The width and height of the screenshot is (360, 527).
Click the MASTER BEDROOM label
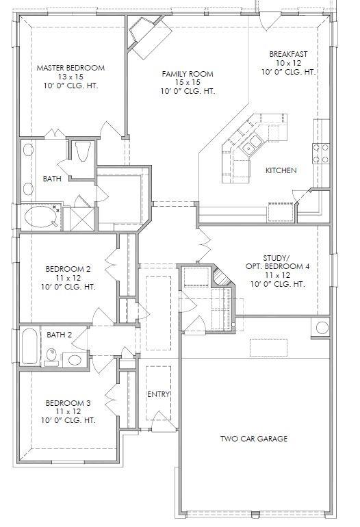(70, 68)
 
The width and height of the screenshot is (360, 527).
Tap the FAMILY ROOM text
(188, 73)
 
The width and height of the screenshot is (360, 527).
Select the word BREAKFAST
(288, 53)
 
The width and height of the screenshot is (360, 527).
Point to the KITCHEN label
(281, 170)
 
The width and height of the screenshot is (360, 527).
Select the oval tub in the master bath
(42, 218)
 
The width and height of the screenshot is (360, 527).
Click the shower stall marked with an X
(83, 218)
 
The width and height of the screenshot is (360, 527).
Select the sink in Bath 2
(73, 359)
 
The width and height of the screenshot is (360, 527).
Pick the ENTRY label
(158, 394)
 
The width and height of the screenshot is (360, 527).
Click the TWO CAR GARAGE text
(253, 439)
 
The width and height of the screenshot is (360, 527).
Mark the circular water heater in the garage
(320, 327)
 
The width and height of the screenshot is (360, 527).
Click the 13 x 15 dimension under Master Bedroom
(70, 77)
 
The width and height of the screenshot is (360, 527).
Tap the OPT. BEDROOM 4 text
(277, 266)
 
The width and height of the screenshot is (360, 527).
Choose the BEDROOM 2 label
(70, 268)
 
